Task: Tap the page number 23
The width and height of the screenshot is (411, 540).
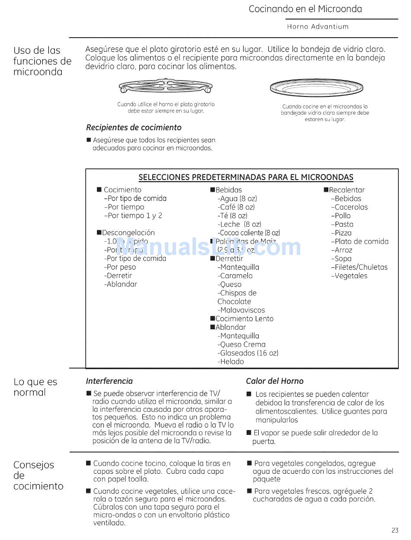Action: [395, 530]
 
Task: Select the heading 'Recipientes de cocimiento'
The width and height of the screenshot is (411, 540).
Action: [134, 128]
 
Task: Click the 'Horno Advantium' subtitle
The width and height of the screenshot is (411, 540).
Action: [318, 27]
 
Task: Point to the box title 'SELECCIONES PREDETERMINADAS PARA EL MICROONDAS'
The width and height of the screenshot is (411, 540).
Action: [246, 177]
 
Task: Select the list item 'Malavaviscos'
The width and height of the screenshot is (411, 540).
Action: [241, 310]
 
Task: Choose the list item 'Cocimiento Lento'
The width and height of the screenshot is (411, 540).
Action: [244, 319]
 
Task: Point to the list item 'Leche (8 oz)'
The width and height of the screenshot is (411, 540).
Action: [240, 224]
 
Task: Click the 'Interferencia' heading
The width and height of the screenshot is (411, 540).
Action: [109, 381]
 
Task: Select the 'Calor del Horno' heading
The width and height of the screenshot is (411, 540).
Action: [275, 381]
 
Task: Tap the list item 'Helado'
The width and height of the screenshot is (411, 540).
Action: [231, 362]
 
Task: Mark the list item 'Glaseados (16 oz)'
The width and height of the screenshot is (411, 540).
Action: [248, 353]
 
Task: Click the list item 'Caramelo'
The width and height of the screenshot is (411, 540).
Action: [236, 276]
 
